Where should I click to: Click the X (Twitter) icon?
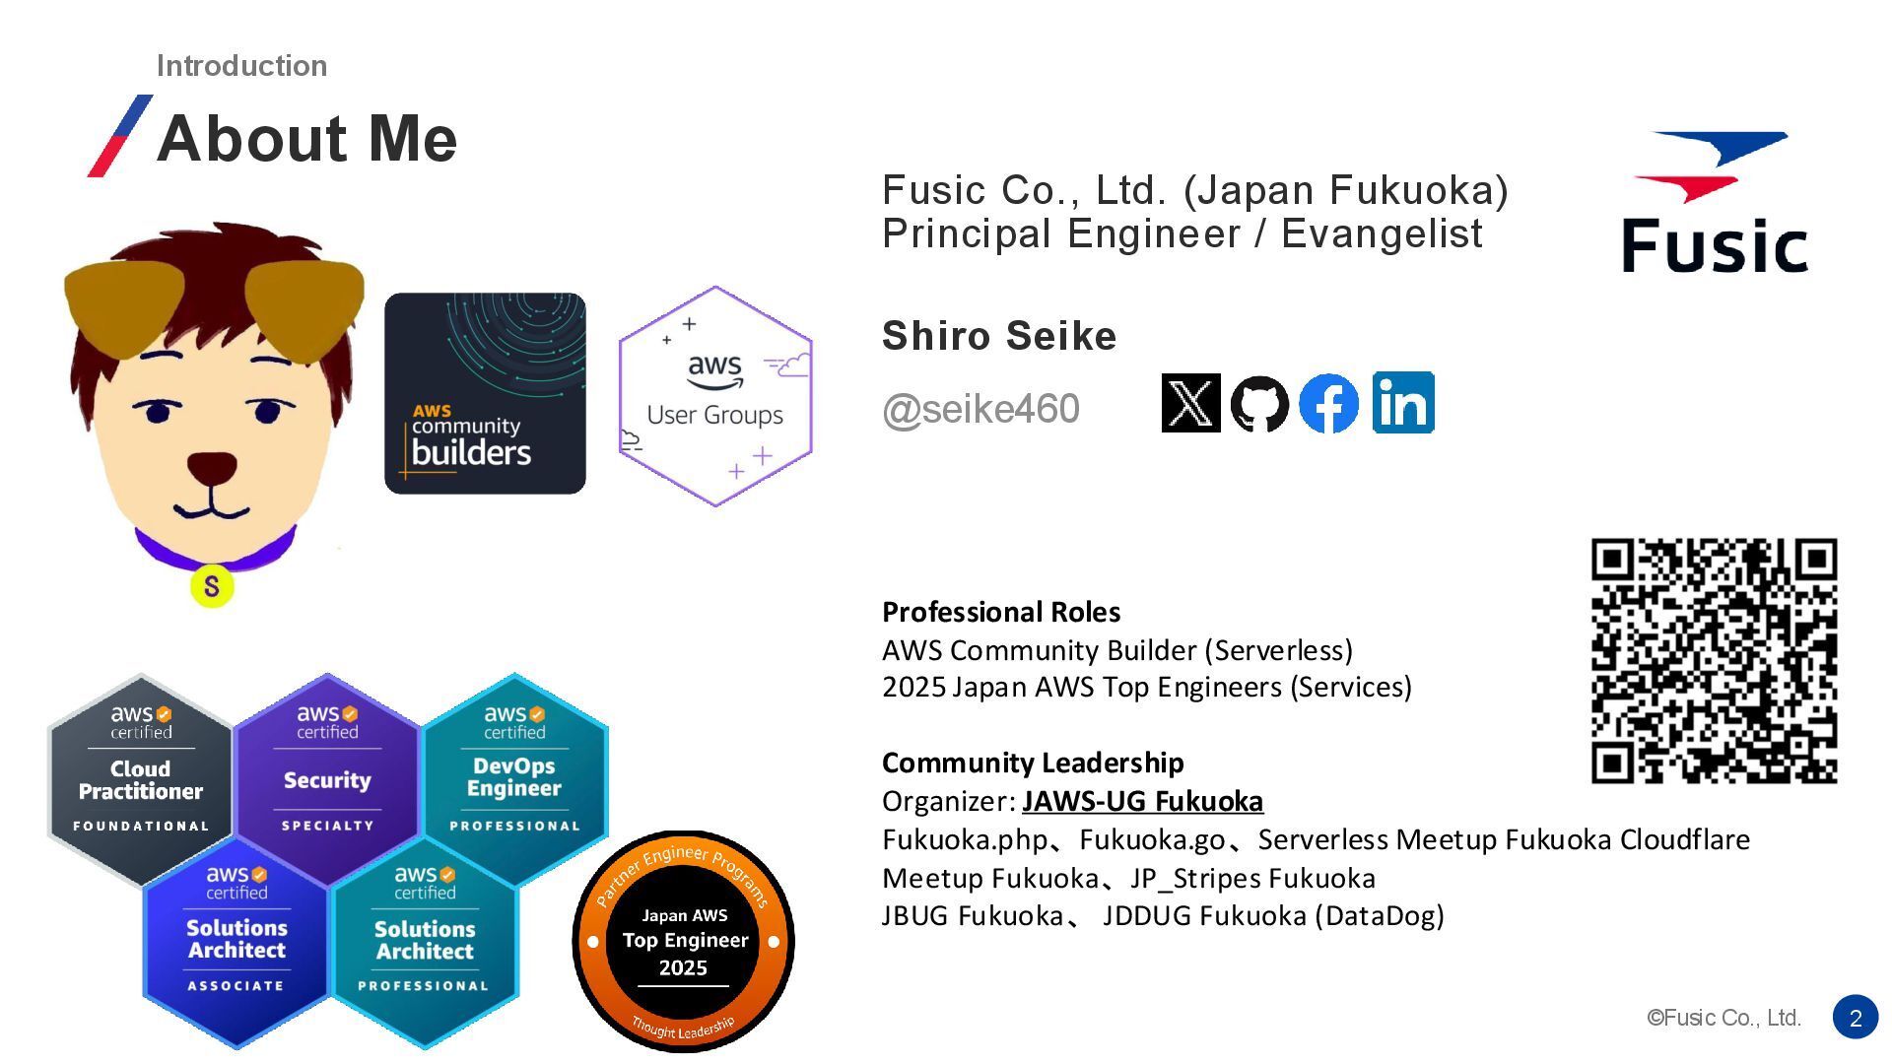pyautogui.click(x=1190, y=403)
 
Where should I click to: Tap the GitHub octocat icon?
pyautogui.click(x=1259, y=403)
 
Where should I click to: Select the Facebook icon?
pyautogui.click(x=1328, y=403)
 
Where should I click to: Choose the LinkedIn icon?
pyautogui.click(x=1403, y=402)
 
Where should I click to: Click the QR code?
pyautogui.click(x=1714, y=661)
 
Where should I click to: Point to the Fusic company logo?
pyautogui.click(x=1715, y=203)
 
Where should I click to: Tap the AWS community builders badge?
pyautogui.click(x=485, y=393)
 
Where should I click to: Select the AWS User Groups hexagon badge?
pyautogui.click(x=715, y=396)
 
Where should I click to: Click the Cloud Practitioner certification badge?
pyautogui.click(x=141, y=779)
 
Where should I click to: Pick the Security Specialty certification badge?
pyautogui.click(x=327, y=777)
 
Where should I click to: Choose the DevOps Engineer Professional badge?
pyautogui.click(x=514, y=777)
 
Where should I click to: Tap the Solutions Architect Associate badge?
pyautogui.click(x=236, y=939)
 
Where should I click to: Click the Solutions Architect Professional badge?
pyautogui.click(x=425, y=939)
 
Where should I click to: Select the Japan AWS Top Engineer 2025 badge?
pyautogui.click(x=683, y=941)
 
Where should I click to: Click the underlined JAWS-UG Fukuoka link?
pyautogui.click(x=1142, y=801)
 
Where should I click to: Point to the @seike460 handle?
pyautogui.click(x=980, y=409)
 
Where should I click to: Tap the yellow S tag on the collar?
pyautogui.click(x=212, y=586)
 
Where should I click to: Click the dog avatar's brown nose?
pyautogui.click(x=212, y=467)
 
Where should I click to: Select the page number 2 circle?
pyautogui.click(x=1856, y=1018)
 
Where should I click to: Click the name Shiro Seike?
pyautogui.click(x=999, y=336)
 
